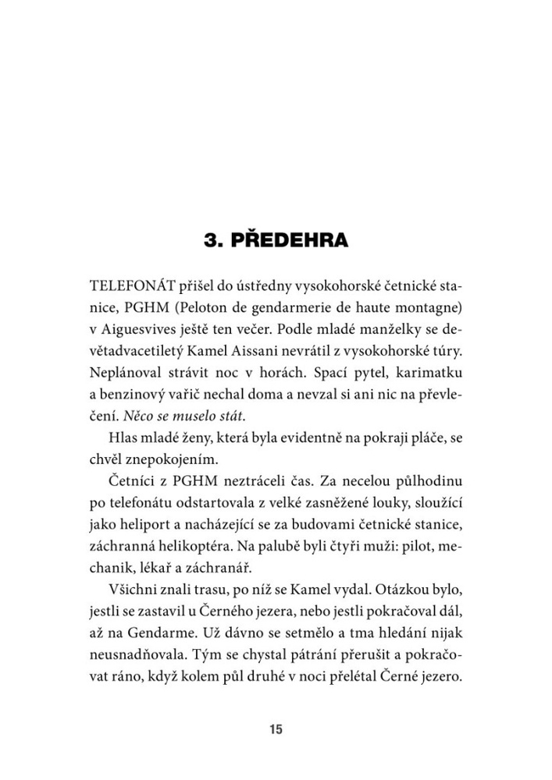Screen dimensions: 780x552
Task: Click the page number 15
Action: click(276, 730)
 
